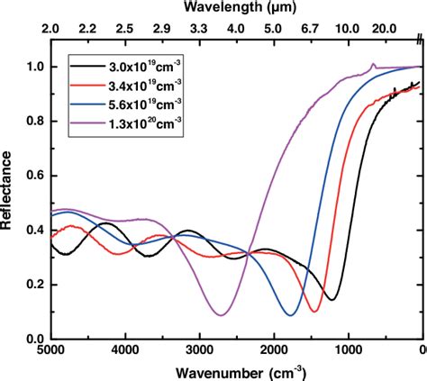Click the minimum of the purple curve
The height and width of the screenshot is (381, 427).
click(221, 314)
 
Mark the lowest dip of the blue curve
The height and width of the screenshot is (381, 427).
click(290, 315)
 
